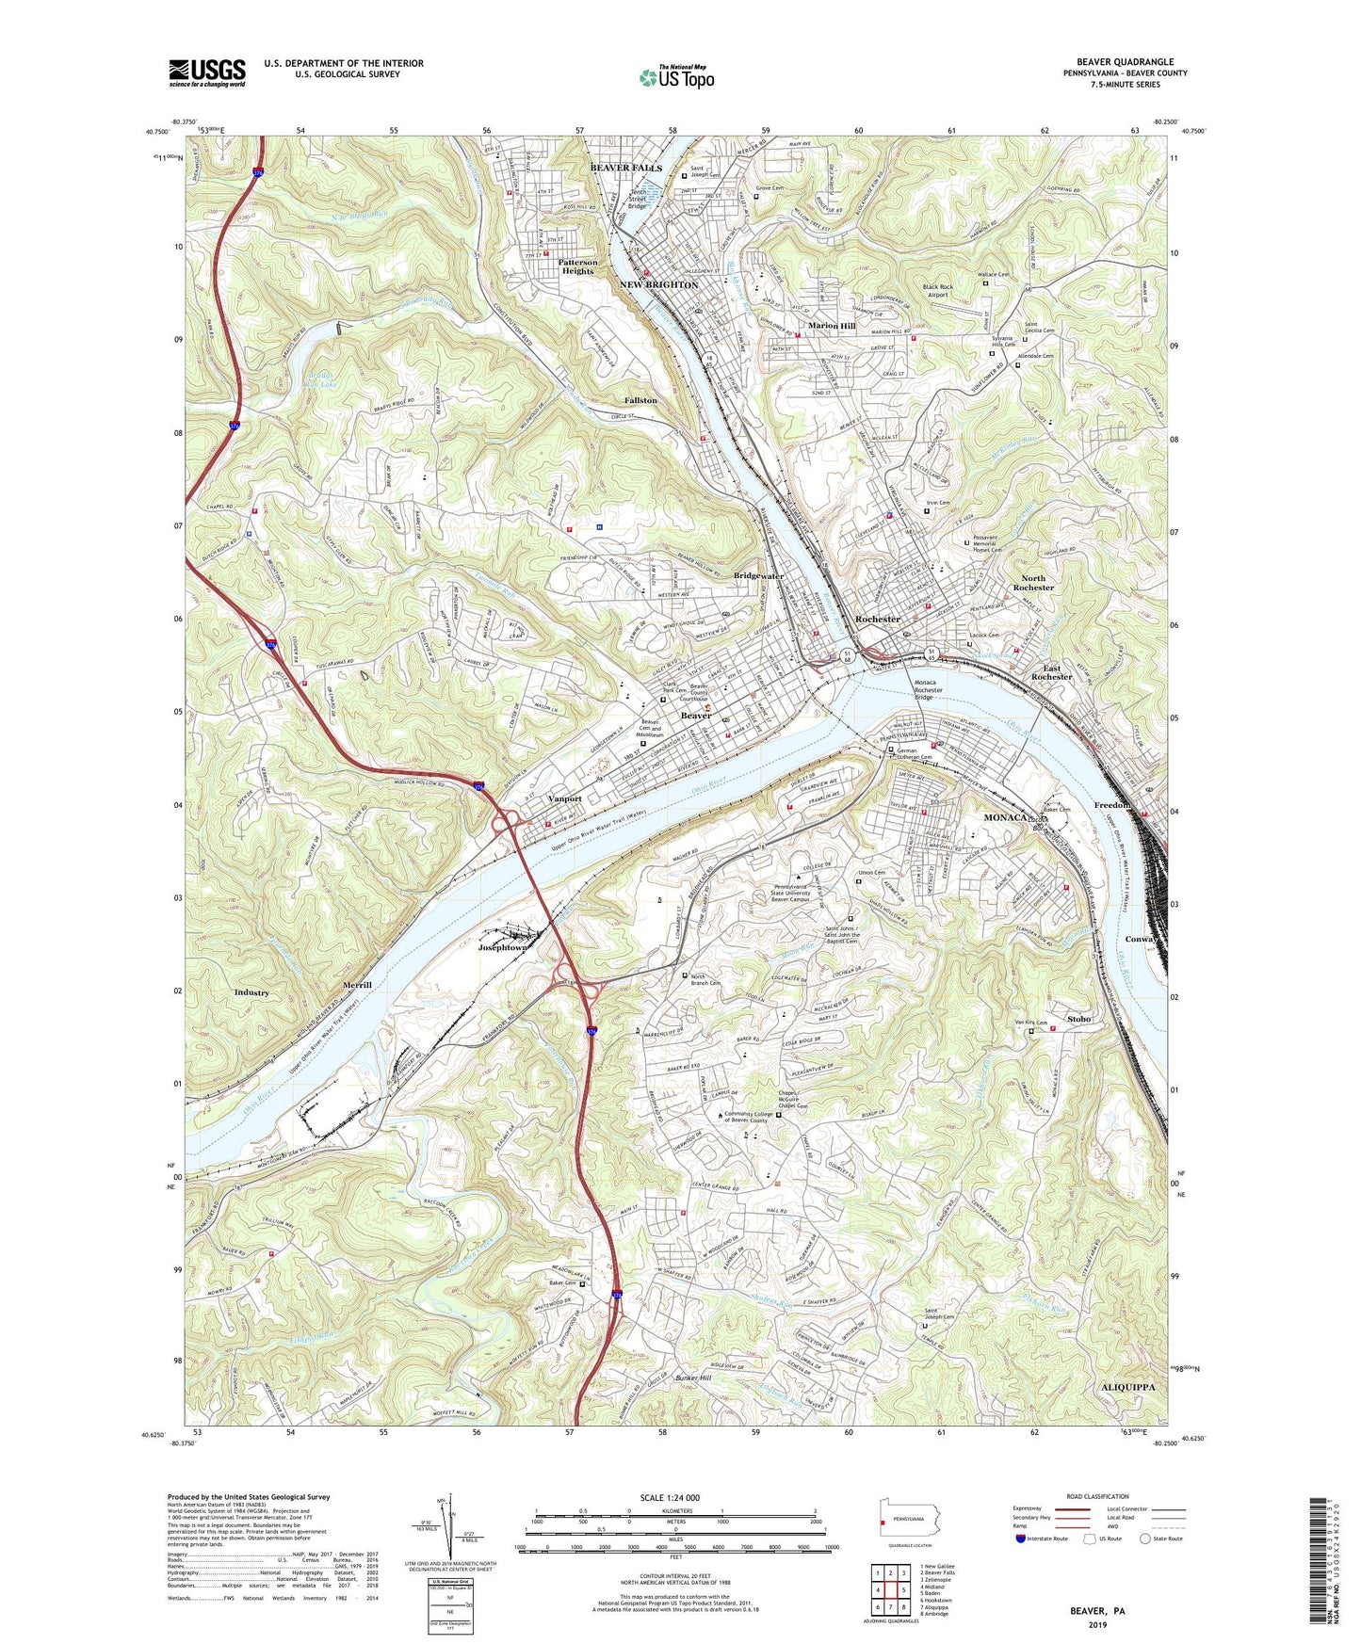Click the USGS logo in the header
tap(207, 73)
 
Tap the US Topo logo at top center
tap(675, 77)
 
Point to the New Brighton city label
tap(659, 284)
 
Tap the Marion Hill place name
tap(832, 326)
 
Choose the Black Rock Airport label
tap(938, 291)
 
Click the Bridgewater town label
tap(758, 575)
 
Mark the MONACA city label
tap(1004, 817)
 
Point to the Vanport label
tap(565, 798)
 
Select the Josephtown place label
tap(502, 947)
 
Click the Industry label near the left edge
tap(251, 992)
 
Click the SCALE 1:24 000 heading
tap(675, 1497)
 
